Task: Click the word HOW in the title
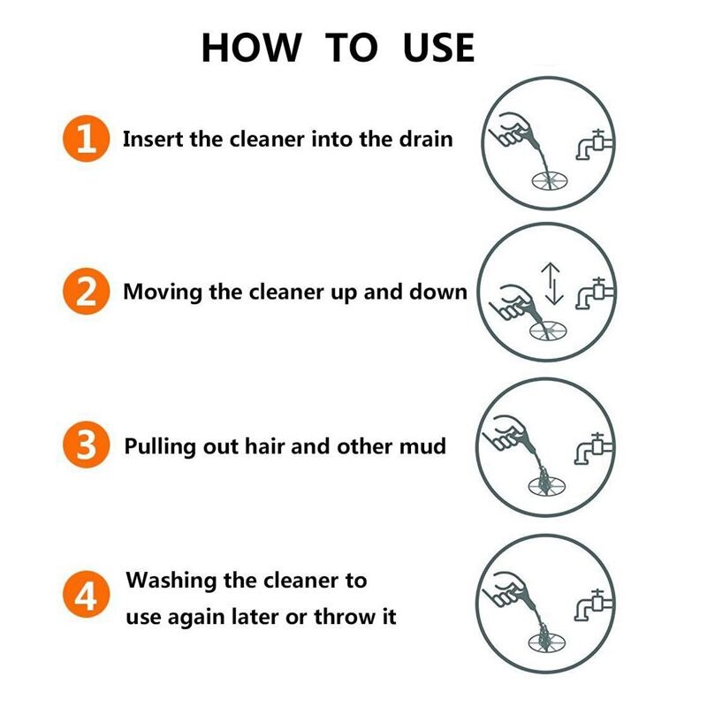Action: [251, 48]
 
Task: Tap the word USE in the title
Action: [438, 48]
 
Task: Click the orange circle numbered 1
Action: [86, 139]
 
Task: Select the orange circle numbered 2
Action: [86, 292]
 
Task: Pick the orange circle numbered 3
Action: [86, 445]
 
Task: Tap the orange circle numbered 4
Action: [86, 594]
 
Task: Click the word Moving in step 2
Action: [163, 293]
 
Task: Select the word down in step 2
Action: [438, 293]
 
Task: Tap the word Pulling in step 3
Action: [160, 447]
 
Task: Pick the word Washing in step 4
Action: [171, 582]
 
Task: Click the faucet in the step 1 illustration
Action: [594, 144]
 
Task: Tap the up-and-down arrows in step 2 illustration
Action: [551, 284]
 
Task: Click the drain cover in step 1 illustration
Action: [550, 181]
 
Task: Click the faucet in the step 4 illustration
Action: [593, 604]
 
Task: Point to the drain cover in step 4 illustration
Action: [546, 642]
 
